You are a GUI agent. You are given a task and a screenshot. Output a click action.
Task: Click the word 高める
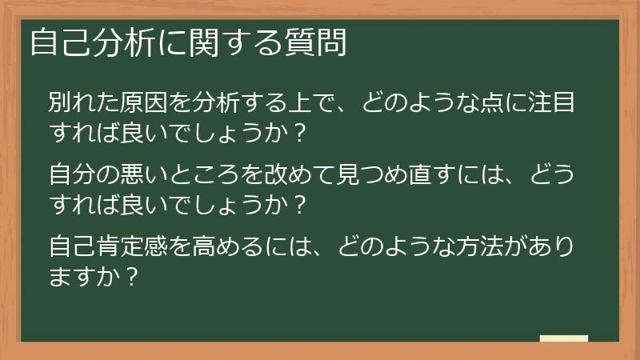point(232,243)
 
